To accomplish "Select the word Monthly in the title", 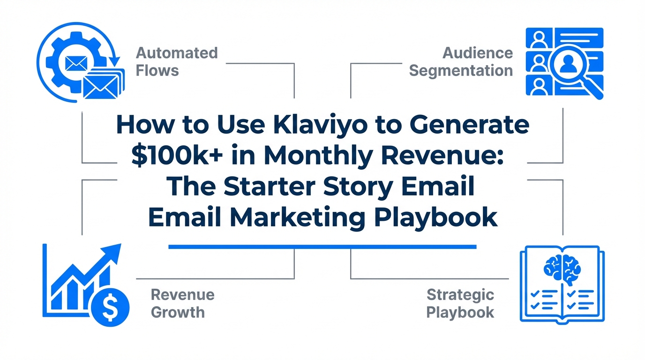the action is pyautogui.click(x=317, y=157).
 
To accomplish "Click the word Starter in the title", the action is pyautogui.click(x=269, y=187).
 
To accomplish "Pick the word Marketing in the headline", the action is pyautogui.click(x=298, y=218).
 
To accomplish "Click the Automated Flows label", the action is pyautogui.click(x=177, y=61).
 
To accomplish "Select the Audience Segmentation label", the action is pyautogui.click(x=461, y=62).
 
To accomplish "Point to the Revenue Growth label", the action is pyautogui.click(x=182, y=304).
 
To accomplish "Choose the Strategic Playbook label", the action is pyautogui.click(x=460, y=304).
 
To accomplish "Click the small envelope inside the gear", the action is pyautogui.click(x=76, y=63).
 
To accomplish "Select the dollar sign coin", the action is pyautogui.click(x=110, y=307).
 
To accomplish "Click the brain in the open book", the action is pyautogui.click(x=562, y=269).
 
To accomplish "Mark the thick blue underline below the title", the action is pyautogui.click(x=322, y=247).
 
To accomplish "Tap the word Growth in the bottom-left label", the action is pyautogui.click(x=178, y=313).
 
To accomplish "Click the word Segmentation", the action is pyautogui.click(x=461, y=71).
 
